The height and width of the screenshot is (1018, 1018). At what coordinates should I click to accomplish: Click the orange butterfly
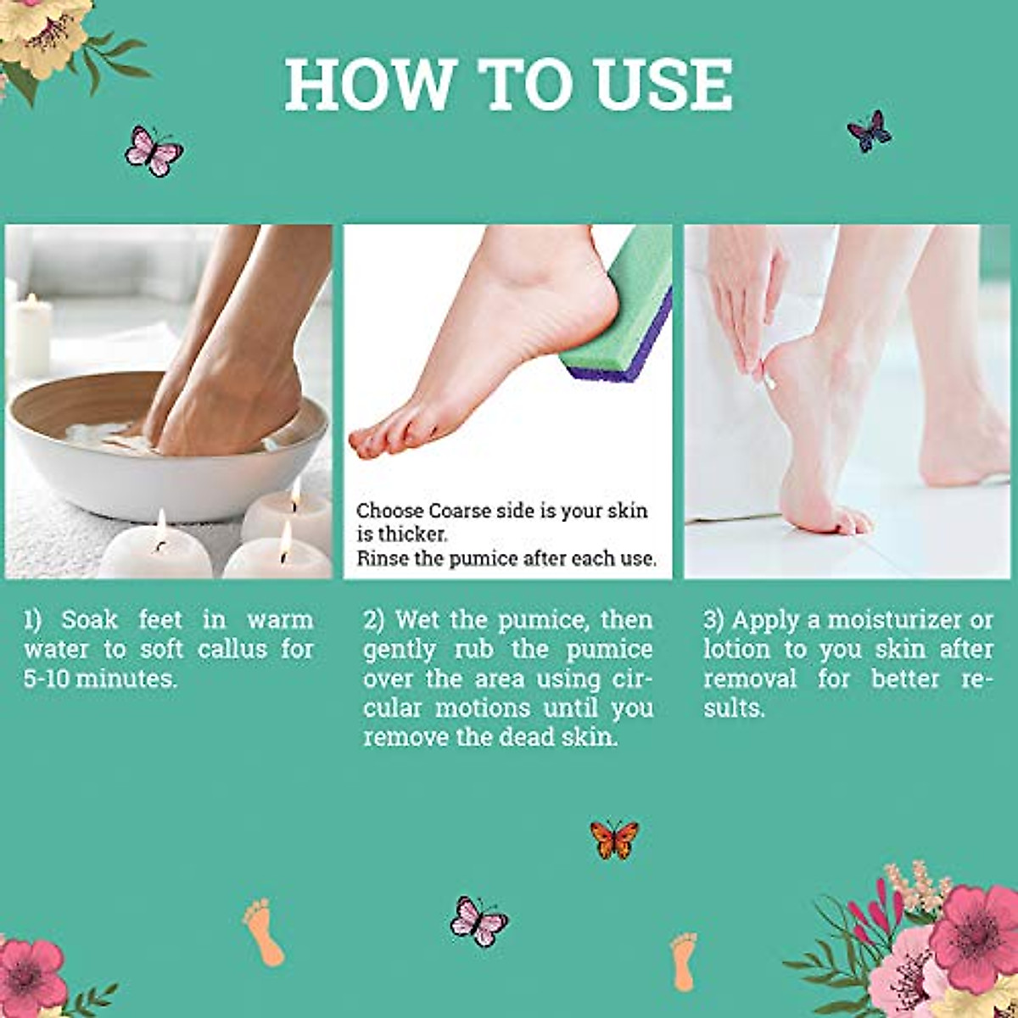point(613,839)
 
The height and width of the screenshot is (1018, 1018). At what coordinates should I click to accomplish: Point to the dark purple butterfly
point(870,131)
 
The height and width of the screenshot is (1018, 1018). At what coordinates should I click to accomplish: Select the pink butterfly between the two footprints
point(478,920)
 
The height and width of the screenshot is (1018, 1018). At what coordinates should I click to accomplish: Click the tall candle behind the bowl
point(31,335)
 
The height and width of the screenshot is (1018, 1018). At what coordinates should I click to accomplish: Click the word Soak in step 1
point(89,619)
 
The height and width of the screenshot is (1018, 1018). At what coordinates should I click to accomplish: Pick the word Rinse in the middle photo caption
point(384,558)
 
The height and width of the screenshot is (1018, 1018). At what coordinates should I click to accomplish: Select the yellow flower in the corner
point(42,34)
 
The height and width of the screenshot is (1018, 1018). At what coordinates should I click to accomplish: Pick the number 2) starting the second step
point(374,619)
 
